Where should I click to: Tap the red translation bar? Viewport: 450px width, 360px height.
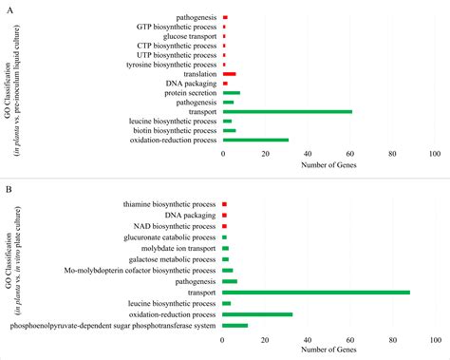point(229,74)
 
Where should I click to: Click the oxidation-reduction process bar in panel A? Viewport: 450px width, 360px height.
point(255,140)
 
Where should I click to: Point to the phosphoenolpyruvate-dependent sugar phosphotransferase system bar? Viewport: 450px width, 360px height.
point(234,326)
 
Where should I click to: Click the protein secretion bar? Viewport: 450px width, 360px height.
point(231,93)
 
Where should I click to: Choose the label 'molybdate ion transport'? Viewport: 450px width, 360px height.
point(175,248)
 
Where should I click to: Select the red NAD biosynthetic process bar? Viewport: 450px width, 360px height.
point(225,226)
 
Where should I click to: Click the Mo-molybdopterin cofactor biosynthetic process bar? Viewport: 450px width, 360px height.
point(227,270)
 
